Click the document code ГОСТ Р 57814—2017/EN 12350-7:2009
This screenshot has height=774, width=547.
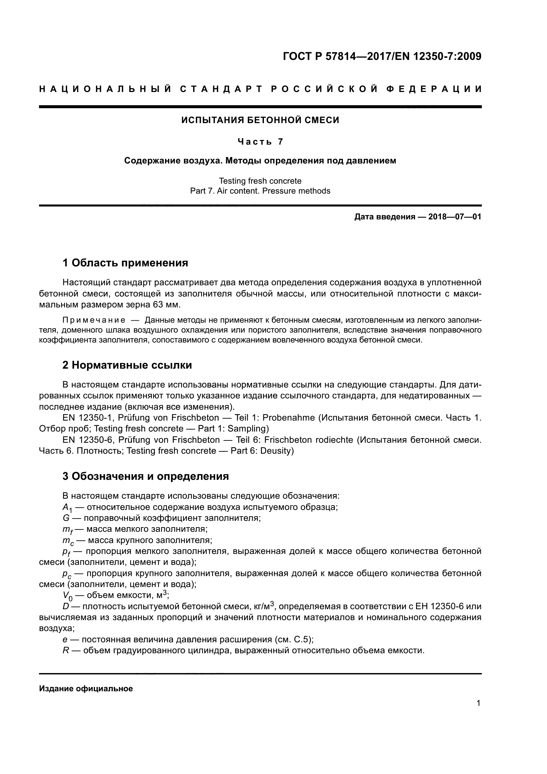click(382, 56)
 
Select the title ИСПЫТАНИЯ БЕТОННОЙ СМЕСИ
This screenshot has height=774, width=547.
click(260, 120)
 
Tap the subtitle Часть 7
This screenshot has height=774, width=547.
click(260, 142)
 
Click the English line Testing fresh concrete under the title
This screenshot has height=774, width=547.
click(260, 181)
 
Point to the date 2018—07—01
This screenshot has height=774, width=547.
click(454, 217)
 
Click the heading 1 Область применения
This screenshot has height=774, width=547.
click(125, 263)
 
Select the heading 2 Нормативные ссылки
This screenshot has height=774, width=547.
click(127, 365)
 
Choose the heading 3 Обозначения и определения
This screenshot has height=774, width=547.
click(146, 476)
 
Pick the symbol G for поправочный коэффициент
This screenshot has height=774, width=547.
click(66, 518)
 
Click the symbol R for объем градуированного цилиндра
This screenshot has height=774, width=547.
click(66, 651)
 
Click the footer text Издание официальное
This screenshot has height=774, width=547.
click(86, 689)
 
